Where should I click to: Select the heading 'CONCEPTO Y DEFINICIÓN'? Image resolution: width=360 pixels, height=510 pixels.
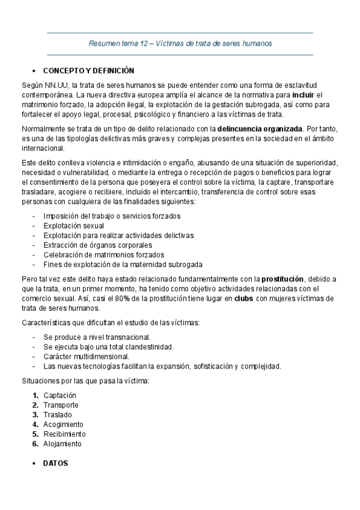point(88,70)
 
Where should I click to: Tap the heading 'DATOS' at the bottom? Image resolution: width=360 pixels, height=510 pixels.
point(56,464)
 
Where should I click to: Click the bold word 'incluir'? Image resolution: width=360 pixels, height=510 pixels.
point(304,96)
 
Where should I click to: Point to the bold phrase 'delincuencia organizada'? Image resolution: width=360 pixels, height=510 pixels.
point(260,129)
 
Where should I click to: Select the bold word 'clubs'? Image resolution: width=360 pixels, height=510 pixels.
point(243,298)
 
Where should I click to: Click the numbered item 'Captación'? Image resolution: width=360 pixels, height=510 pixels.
point(59,395)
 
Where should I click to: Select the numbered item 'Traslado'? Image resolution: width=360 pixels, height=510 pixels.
point(57,414)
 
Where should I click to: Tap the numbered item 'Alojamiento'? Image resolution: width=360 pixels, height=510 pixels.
point(62,443)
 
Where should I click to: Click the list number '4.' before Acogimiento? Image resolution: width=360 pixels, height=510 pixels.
point(36,424)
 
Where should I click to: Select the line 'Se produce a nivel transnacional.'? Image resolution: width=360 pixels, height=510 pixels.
point(97,337)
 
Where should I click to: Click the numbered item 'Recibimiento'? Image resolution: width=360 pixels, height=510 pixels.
point(64,434)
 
